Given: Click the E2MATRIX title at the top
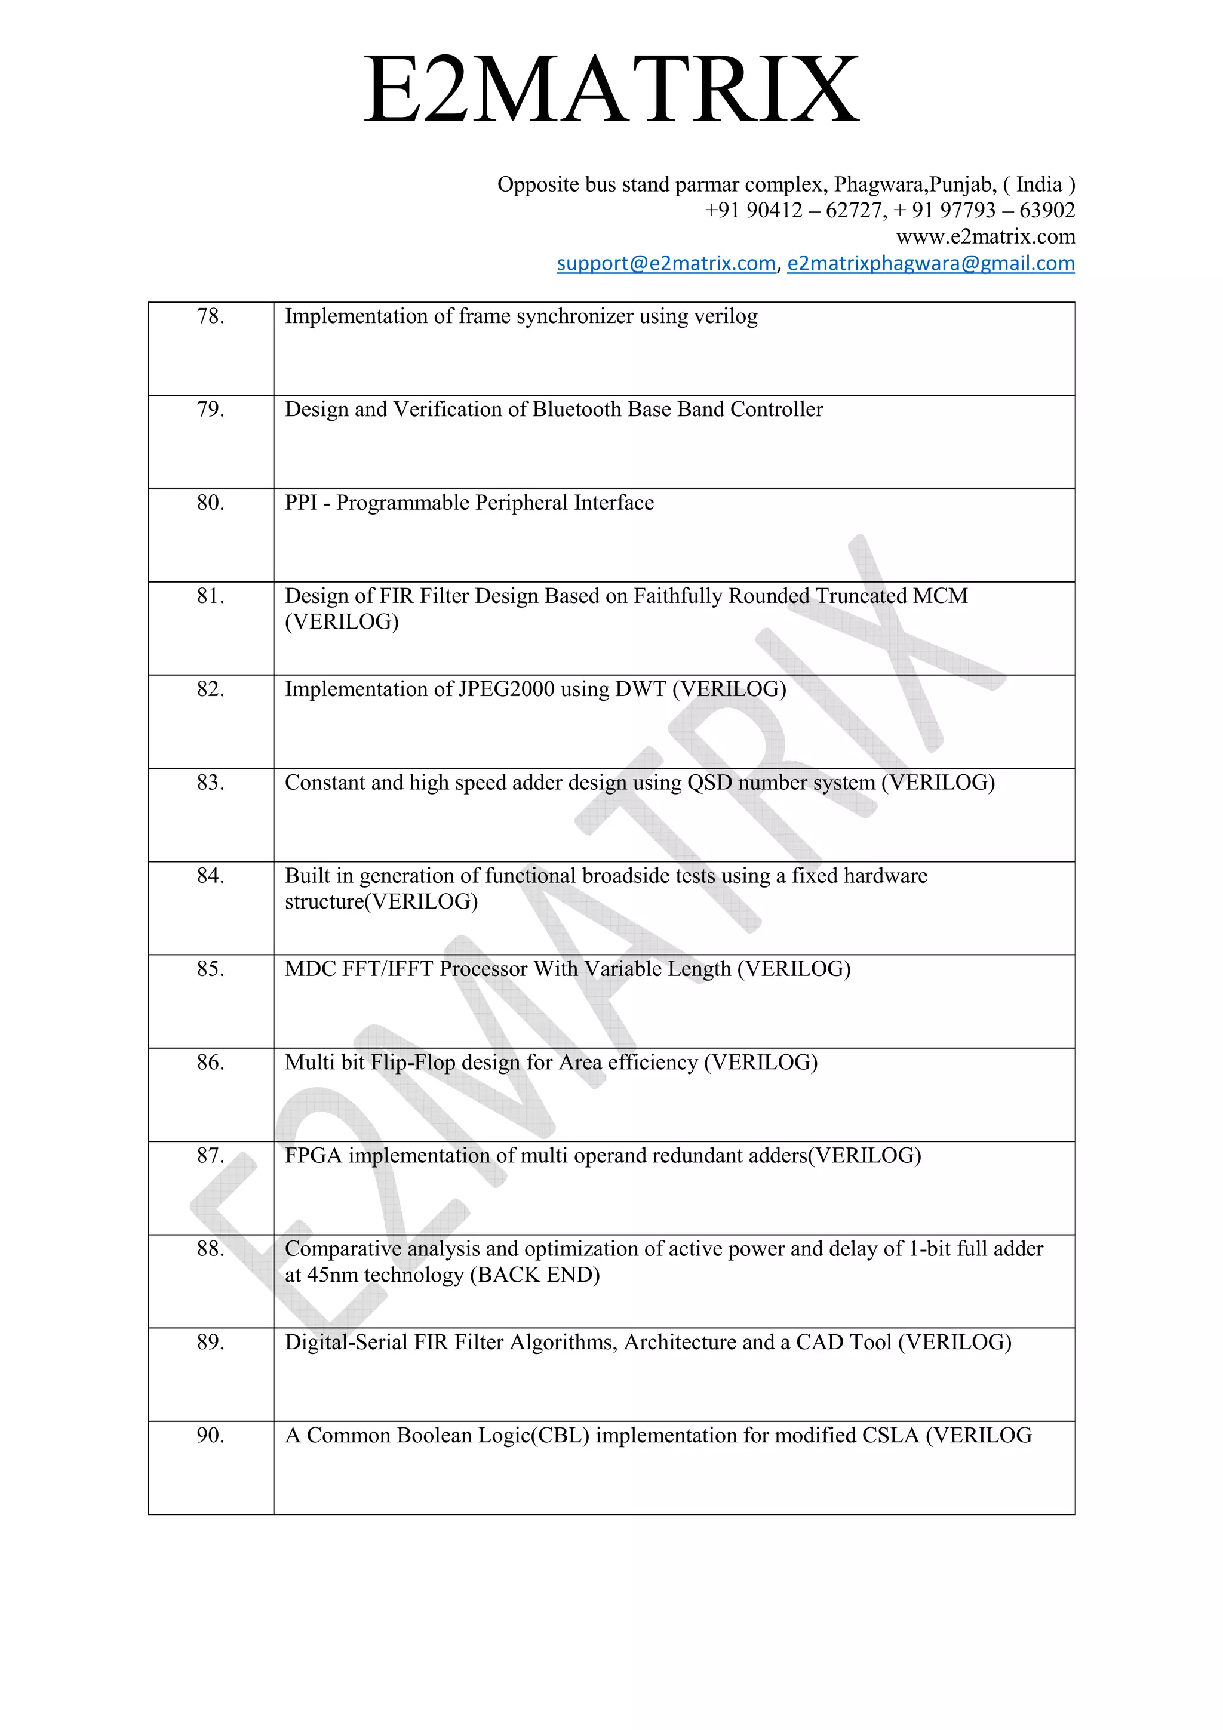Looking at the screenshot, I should (x=611, y=90).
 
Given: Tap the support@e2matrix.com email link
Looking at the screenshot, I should (x=666, y=263).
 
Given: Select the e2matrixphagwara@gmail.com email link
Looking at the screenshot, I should (x=930, y=263).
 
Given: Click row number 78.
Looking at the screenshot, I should (x=211, y=316).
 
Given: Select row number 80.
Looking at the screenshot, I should (x=211, y=503).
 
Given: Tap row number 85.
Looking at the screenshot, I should (x=211, y=969).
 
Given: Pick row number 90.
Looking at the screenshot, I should (x=211, y=1435).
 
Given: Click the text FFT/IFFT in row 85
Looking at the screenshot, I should (x=388, y=969).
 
